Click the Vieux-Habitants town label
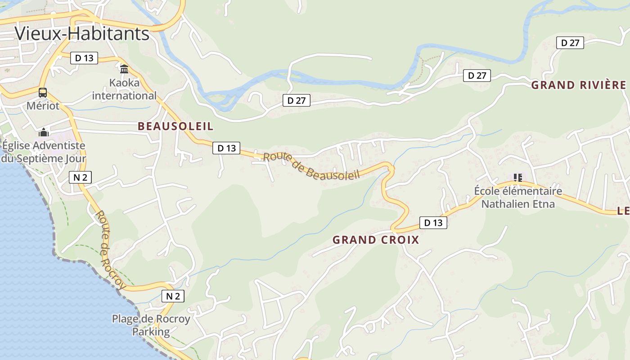(81, 34)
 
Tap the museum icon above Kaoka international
(124, 69)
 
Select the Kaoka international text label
(124, 89)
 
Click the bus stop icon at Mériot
(43, 93)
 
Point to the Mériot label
(43, 106)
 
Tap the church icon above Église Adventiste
(44, 132)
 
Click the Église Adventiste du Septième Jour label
(43, 152)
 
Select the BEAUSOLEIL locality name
(175, 126)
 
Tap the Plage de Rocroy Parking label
(151, 325)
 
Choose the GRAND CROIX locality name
(376, 240)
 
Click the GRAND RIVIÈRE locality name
(578, 85)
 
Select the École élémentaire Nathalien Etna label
(518, 198)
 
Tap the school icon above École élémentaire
(518, 178)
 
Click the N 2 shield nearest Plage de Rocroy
(173, 296)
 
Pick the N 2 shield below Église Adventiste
(80, 177)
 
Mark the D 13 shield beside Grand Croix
(433, 222)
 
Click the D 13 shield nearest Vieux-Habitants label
(84, 58)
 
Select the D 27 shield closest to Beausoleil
(297, 100)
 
